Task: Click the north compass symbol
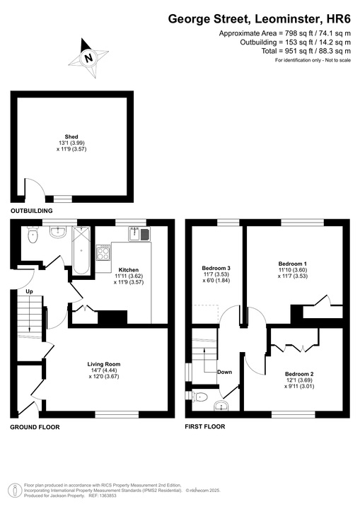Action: pyautogui.click(x=87, y=57)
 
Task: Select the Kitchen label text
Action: pyautogui.click(x=128, y=270)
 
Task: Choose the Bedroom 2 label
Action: pyautogui.click(x=299, y=373)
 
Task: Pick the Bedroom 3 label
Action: pyautogui.click(x=216, y=269)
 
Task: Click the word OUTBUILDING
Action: pyautogui.click(x=32, y=211)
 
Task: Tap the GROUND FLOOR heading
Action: pyautogui.click(x=35, y=427)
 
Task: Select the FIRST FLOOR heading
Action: pyautogui.click(x=204, y=427)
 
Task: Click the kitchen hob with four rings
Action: pyautogui.click(x=103, y=251)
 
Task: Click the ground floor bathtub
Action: pyautogui.click(x=83, y=253)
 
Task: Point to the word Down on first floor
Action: pyautogui.click(x=224, y=372)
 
